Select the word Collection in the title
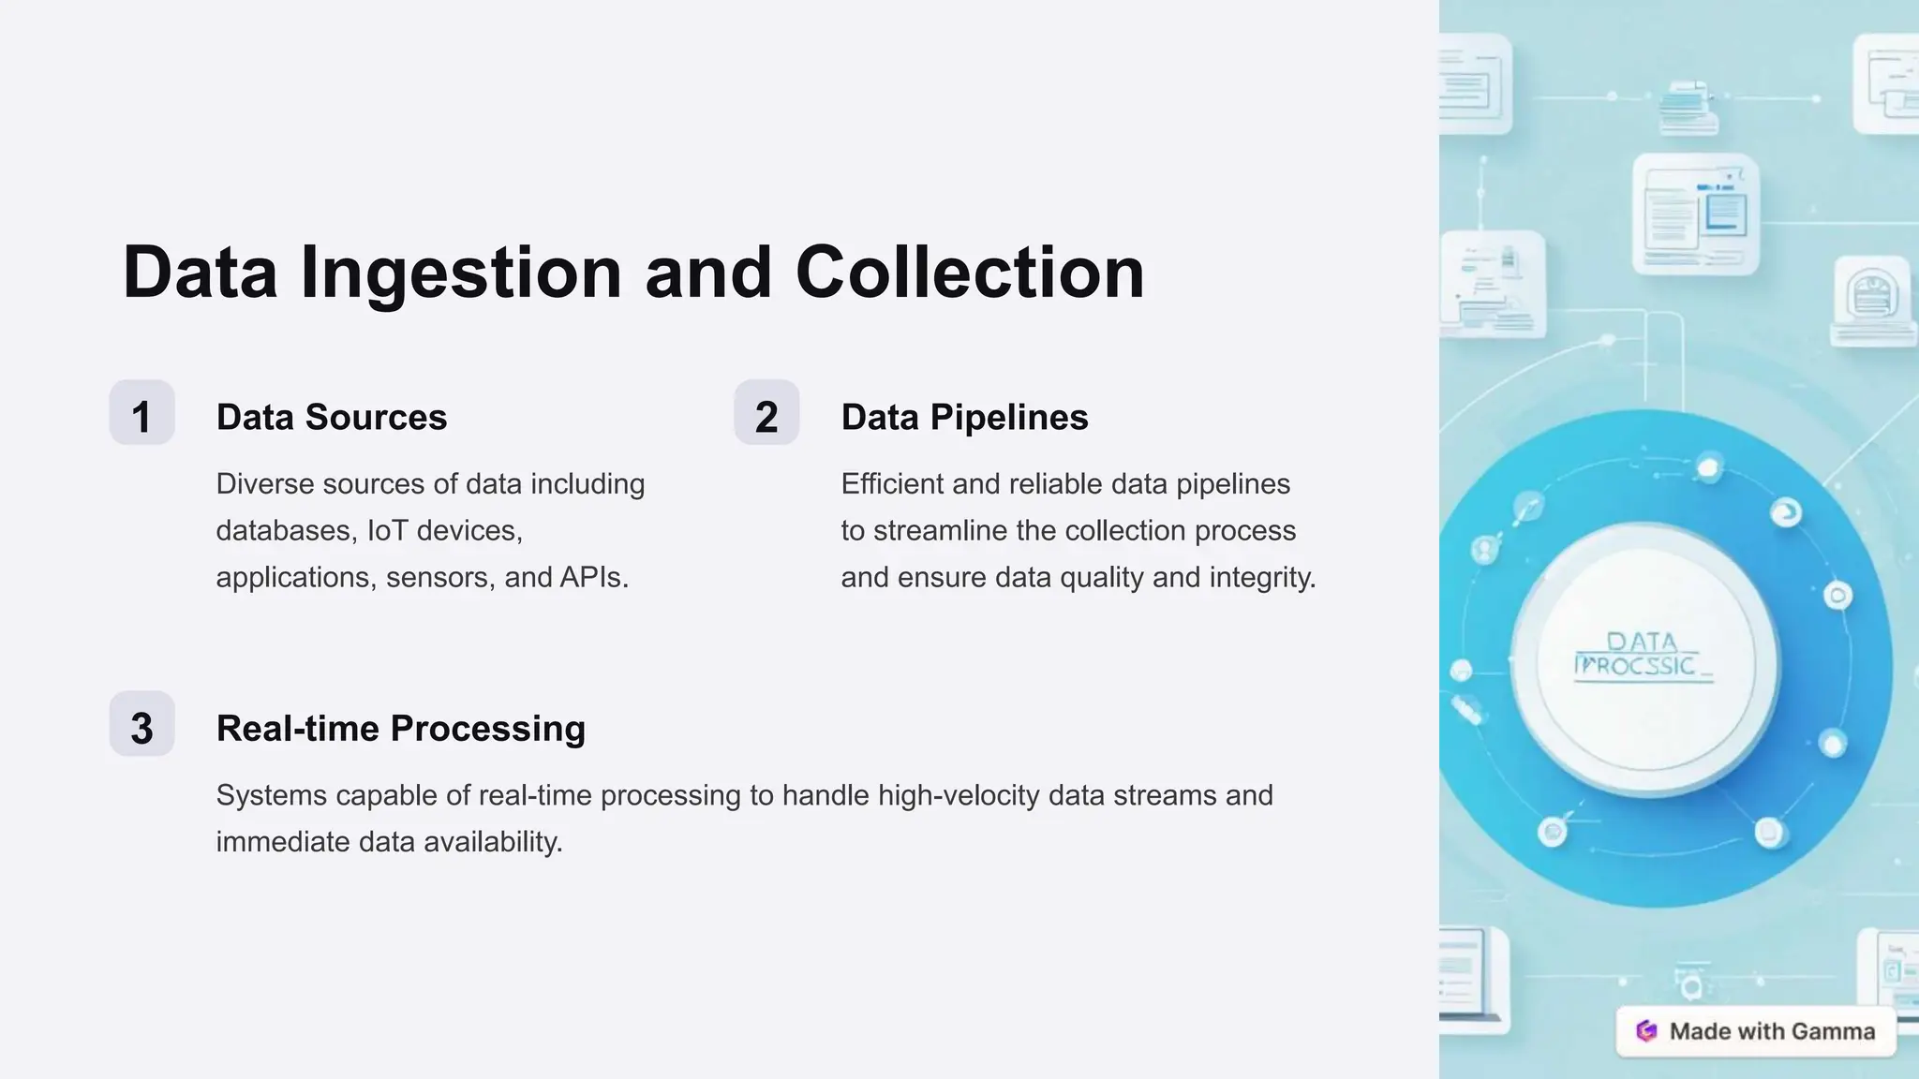click(x=970, y=273)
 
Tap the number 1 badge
click(x=141, y=413)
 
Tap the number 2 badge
click(x=766, y=413)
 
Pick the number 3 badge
click(x=141, y=724)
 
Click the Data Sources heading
click(x=332, y=417)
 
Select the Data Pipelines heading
click(x=964, y=417)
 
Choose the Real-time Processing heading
click(x=400, y=728)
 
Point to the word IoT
click(x=387, y=530)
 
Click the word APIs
click(x=593, y=577)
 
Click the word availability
click(x=493, y=842)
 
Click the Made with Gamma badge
click(x=1756, y=1031)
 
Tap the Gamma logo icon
click(x=1646, y=1031)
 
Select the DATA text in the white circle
click(x=1642, y=642)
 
